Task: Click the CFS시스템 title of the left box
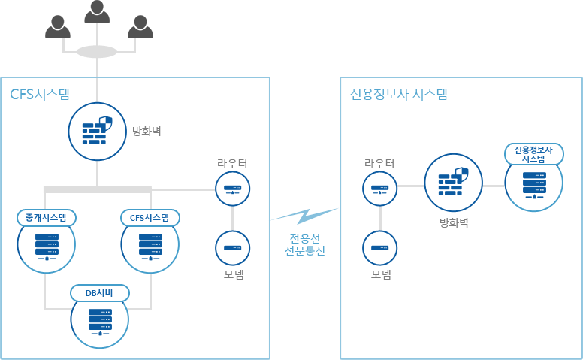tap(40, 95)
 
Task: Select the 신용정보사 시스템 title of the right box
tap(398, 95)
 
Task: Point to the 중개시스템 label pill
tap(47, 218)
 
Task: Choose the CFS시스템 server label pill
tap(150, 218)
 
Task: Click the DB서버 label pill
tap(101, 292)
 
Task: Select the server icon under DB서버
tap(100, 322)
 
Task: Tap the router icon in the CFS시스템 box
tap(232, 189)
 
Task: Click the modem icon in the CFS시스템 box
tap(232, 248)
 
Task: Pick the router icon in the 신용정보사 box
tap(379, 189)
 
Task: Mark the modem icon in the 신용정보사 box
tap(379, 248)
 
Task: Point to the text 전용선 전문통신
tap(305, 245)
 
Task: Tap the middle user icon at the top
tap(98, 13)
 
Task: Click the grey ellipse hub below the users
tap(97, 52)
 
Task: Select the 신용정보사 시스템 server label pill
tap(533, 154)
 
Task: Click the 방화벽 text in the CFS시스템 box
tap(147, 131)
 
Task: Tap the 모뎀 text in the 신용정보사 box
tap(381, 274)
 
